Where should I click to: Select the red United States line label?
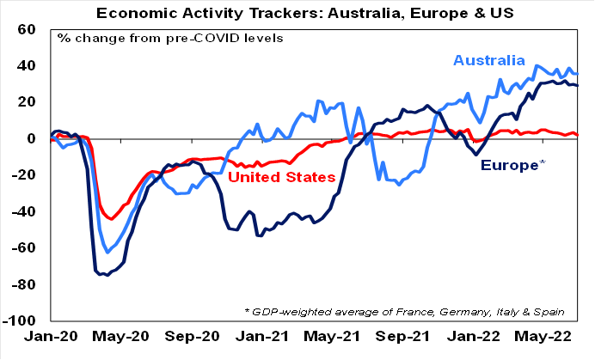pos(281,177)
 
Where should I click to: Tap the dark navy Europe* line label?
pos(512,164)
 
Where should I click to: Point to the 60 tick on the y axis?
pos(27,29)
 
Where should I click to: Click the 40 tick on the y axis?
pos(27,66)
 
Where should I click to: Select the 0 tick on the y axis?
pos(32,138)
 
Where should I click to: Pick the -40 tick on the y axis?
pos(24,211)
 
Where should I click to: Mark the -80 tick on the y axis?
pos(24,284)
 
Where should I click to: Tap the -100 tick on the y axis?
pos(21,320)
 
